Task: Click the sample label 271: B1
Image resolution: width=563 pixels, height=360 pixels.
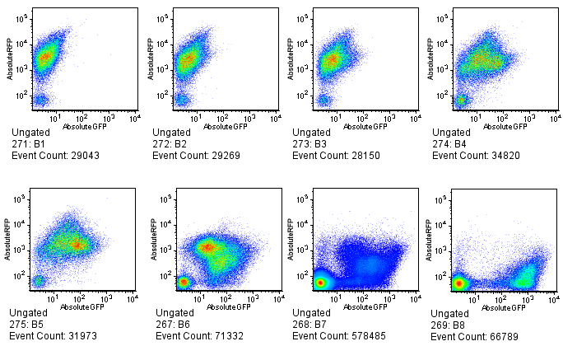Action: [x=30, y=143]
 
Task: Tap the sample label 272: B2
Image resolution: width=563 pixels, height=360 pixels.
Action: [x=171, y=143]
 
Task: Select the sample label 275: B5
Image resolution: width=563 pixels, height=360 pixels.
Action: [x=30, y=324]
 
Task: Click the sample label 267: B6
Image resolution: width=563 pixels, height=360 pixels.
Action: [x=171, y=324]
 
